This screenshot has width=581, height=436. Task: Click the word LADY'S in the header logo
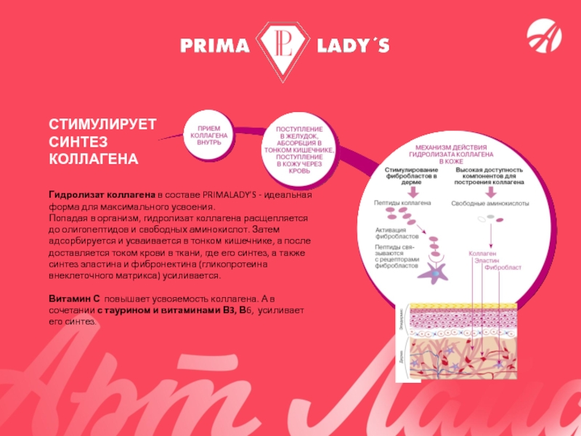point(354,47)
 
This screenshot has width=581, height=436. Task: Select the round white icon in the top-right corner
point(543,36)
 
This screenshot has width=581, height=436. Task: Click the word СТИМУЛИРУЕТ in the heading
point(102,125)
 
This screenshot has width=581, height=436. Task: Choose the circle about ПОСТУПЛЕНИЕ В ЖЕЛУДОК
point(299,149)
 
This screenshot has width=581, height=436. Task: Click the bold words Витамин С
point(74,299)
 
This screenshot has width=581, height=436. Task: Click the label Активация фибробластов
point(397,233)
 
